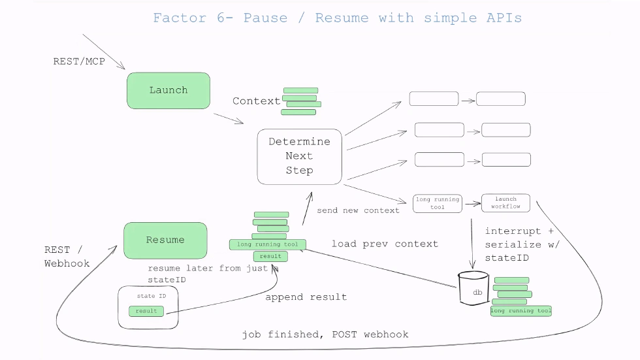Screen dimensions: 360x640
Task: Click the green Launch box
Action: click(168, 90)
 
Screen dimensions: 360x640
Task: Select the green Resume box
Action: click(165, 240)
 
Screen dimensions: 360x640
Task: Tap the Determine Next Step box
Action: click(299, 156)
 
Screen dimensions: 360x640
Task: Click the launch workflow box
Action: click(505, 203)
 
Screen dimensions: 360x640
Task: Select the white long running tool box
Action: click(437, 203)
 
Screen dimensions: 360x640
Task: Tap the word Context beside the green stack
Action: click(256, 101)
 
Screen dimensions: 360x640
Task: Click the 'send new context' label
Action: click(358, 210)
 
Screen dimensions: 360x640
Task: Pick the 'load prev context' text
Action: click(385, 244)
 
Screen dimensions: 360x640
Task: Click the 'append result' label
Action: click(306, 297)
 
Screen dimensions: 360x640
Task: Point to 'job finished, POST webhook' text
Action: click(325, 335)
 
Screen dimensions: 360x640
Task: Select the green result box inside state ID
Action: click(146, 311)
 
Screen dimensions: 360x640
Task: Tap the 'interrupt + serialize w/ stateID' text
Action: click(522, 244)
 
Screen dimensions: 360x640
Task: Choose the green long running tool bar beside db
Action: click(520, 311)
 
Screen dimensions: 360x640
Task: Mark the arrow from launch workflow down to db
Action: click(472, 242)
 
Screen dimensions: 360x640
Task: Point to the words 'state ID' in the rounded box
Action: click(146, 296)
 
